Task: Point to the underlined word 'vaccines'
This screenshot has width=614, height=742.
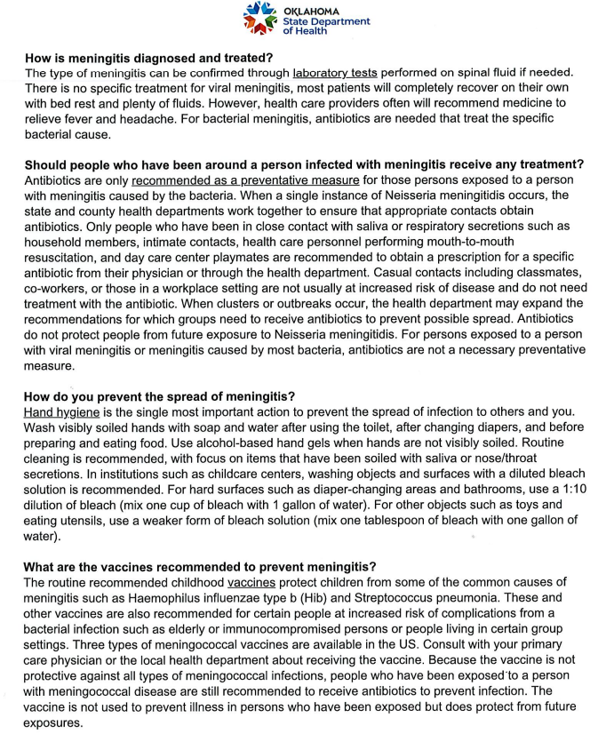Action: pos(251,582)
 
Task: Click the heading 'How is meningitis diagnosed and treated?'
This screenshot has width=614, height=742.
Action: pos(148,57)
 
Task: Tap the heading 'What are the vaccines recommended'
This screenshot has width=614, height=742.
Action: pos(200,567)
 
